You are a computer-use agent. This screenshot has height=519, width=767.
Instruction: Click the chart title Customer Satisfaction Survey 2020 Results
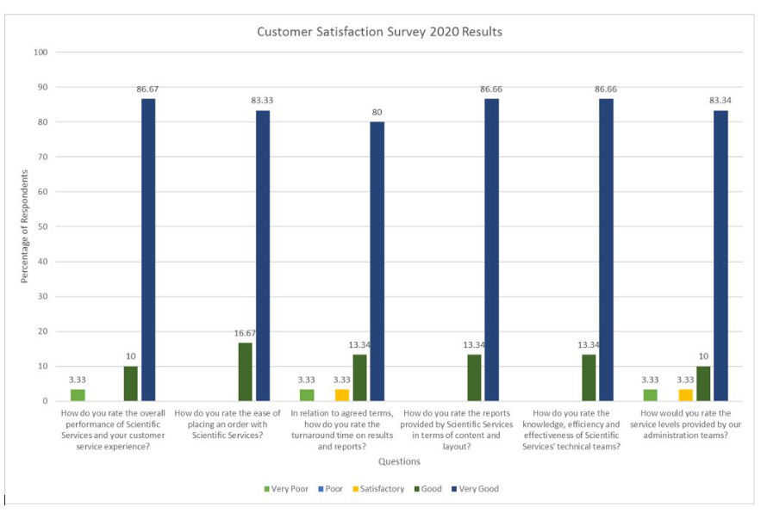[379, 32]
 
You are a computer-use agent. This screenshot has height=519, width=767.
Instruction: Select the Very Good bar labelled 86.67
[148, 250]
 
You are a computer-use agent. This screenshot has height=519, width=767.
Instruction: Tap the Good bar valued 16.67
[245, 372]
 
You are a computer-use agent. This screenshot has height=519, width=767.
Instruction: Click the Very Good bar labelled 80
[377, 261]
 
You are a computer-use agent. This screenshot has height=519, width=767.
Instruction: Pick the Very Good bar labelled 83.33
[262, 256]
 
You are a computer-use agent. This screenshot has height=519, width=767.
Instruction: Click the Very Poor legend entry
[286, 489]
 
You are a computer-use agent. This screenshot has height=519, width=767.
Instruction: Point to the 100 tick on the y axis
[40, 53]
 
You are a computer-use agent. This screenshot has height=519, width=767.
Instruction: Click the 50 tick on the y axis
[41, 226]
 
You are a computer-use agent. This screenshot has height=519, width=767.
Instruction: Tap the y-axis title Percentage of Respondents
[25, 226]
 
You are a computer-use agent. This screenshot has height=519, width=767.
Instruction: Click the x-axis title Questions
[399, 461]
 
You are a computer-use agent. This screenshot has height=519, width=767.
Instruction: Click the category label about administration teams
[686, 424]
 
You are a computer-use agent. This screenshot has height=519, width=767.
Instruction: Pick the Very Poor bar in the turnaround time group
[307, 395]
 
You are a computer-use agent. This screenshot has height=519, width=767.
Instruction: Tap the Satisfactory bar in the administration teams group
[686, 395]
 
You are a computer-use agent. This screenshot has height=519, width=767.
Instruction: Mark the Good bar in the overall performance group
[131, 383]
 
